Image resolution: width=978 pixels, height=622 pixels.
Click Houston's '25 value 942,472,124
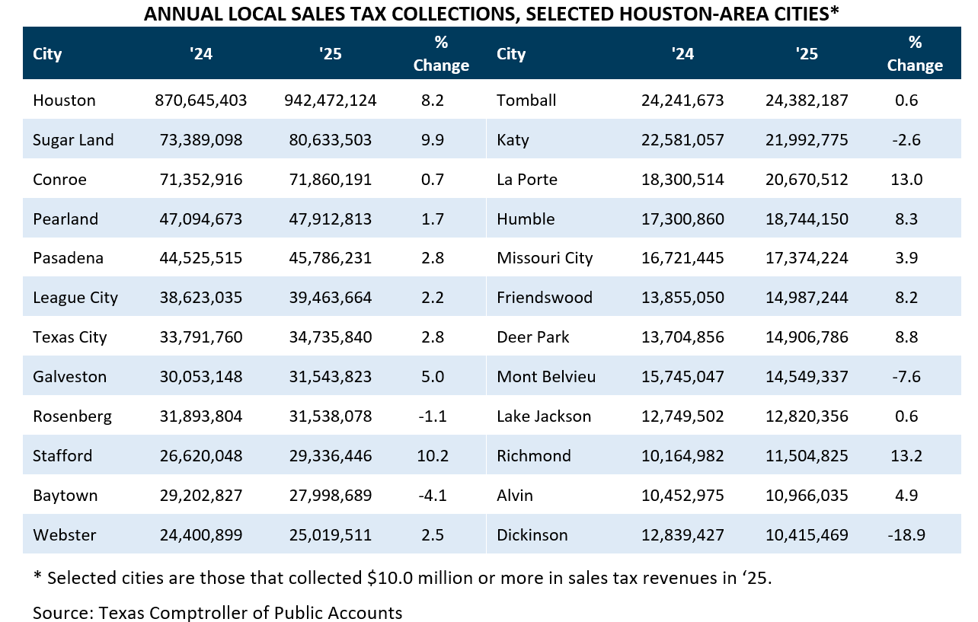click(x=330, y=100)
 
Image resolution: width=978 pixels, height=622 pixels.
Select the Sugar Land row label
click(x=73, y=140)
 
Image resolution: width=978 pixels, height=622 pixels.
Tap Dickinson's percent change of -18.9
click(x=906, y=535)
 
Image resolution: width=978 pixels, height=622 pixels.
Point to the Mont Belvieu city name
click(x=545, y=377)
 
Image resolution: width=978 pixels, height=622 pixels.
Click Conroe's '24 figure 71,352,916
click(x=200, y=180)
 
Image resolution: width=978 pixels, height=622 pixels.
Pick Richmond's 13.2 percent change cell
click(x=906, y=456)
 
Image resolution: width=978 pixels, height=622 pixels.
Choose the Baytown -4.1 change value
click(x=432, y=496)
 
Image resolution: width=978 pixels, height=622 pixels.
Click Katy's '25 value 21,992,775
click(x=806, y=140)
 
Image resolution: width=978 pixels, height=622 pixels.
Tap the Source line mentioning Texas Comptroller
click(x=217, y=612)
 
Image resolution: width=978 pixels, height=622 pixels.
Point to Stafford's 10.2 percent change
click(x=432, y=456)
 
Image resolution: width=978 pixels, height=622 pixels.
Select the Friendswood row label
click(x=544, y=298)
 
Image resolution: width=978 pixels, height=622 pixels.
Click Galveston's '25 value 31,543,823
click(x=330, y=377)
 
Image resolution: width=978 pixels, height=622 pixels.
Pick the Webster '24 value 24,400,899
click(x=200, y=535)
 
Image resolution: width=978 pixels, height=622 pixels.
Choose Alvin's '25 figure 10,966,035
click(x=806, y=496)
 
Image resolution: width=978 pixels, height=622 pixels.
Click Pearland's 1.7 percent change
click(x=432, y=219)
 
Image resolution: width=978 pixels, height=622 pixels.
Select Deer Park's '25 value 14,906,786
click(x=806, y=337)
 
